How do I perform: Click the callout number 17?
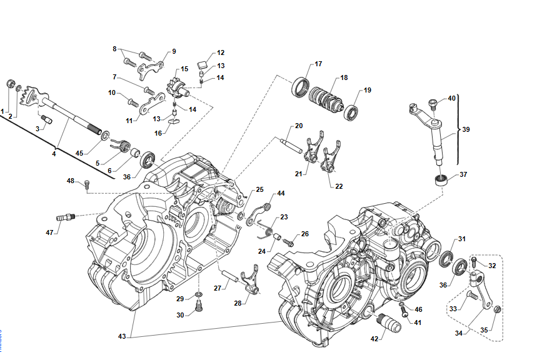(318, 64)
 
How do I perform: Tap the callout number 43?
(122, 336)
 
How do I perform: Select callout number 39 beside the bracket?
(466, 129)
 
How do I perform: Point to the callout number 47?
(50, 232)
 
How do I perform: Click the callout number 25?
(259, 189)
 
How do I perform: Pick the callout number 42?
(374, 339)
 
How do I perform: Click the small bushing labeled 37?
(441, 181)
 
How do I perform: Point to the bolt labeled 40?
(433, 101)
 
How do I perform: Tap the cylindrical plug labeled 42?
(391, 324)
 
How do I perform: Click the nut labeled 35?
(498, 309)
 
